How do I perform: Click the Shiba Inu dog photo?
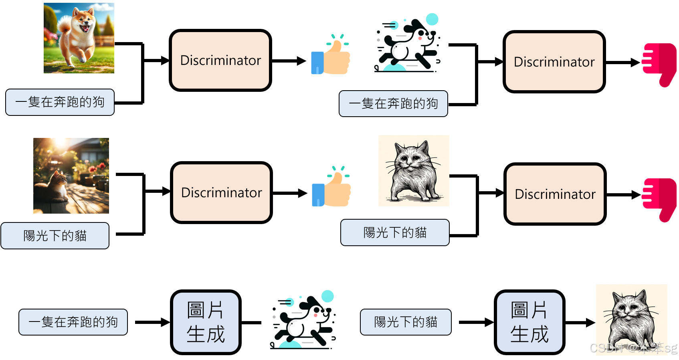tap(79, 38)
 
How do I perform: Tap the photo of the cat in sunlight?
tap(71, 176)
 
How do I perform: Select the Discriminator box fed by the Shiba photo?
tap(220, 61)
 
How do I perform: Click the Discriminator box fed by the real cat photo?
tap(222, 193)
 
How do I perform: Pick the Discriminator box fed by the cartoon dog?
tap(554, 62)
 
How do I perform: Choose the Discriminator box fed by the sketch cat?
tap(555, 194)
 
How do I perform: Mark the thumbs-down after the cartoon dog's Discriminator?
tap(659, 64)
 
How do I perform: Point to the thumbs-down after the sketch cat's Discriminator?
tap(659, 198)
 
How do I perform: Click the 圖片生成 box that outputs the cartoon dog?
tap(206, 322)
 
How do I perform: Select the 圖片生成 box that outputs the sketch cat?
tap(529, 322)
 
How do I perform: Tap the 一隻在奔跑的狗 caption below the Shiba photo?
tap(60, 102)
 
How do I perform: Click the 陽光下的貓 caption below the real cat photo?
tap(55, 236)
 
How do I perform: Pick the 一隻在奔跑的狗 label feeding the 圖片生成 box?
tap(73, 322)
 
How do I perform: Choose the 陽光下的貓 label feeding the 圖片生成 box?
tap(406, 322)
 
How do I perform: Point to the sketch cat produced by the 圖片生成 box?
tap(631, 319)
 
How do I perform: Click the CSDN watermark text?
tap(633, 348)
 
